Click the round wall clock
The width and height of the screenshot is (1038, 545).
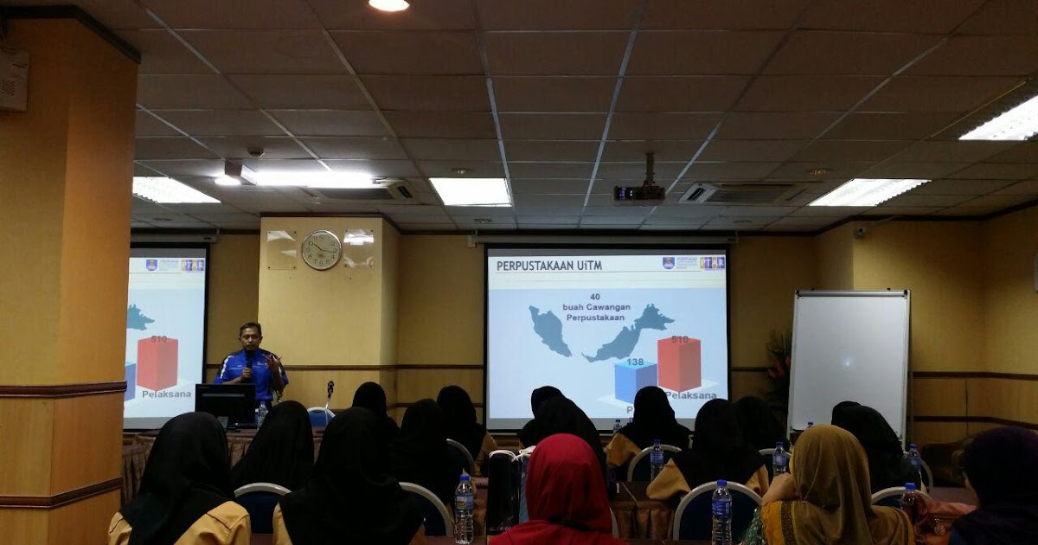(x=321, y=250)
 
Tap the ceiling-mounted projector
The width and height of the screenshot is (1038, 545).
(x=639, y=192)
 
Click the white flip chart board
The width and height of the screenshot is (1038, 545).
(x=849, y=360)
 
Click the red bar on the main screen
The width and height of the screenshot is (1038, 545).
(x=679, y=364)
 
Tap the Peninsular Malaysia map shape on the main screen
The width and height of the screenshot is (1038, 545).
(x=551, y=330)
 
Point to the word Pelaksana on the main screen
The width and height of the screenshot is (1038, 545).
(x=691, y=395)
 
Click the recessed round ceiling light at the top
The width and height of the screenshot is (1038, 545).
(x=388, y=4)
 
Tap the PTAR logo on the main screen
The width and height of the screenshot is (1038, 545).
(x=713, y=263)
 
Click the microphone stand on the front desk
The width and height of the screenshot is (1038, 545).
(x=330, y=394)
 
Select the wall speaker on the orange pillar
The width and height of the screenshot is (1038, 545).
(x=13, y=80)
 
